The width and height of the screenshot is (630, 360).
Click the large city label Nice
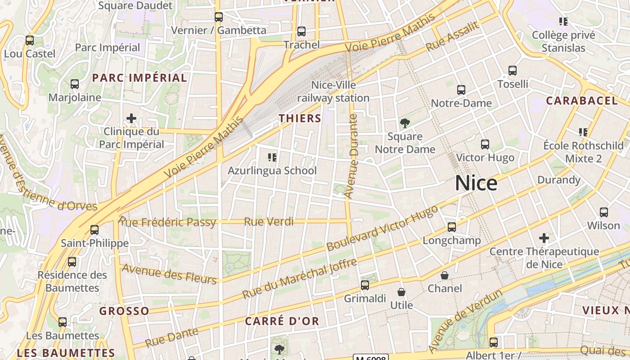point(476,183)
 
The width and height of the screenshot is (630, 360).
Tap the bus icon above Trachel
point(301,31)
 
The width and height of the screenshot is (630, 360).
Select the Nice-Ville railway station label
point(333,91)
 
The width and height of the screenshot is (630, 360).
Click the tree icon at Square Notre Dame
point(405,123)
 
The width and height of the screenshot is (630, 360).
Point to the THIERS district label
point(300,118)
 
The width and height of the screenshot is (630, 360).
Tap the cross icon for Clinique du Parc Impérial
point(131,118)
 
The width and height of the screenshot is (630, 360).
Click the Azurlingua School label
point(272,171)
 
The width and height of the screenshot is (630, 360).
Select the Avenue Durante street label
point(351,156)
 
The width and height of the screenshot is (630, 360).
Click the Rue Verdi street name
point(269,221)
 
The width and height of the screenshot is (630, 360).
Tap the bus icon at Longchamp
point(452,227)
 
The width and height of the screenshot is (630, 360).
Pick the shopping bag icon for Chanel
point(445,275)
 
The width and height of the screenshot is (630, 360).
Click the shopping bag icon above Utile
point(401,292)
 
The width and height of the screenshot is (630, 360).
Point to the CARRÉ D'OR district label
point(282,321)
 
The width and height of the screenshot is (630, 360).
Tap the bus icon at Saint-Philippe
point(94,230)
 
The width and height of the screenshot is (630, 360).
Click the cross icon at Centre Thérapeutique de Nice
point(544,238)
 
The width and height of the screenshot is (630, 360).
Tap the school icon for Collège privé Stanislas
point(563,21)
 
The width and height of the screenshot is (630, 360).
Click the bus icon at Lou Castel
point(30,40)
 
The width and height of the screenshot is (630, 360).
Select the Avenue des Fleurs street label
point(169,274)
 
